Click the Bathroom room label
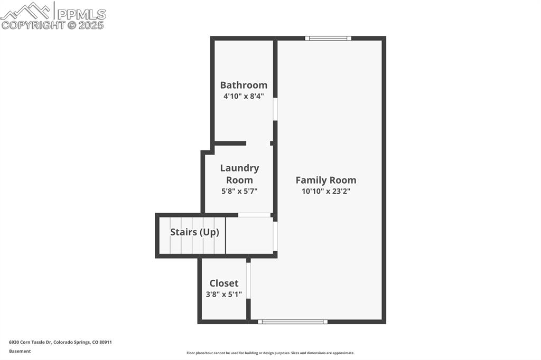coord(244,85)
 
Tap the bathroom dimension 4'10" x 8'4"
coord(244,96)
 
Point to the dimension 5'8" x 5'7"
coord(239,191)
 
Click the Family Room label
coord(325,180)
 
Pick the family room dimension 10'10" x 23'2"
coord(325,191)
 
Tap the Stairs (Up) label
coord(194,232)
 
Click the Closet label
coord(224,283)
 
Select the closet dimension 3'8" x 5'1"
coord(224,294)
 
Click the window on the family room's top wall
coord(328,38)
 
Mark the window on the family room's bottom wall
coord(293,321)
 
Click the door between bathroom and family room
coord(275,109)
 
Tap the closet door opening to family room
coord(248,280)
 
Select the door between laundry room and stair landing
coord(254,215)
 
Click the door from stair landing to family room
coord(275,236)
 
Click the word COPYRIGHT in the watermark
coord(33,25)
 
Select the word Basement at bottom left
coord(20,351)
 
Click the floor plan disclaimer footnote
coord(270,353)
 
